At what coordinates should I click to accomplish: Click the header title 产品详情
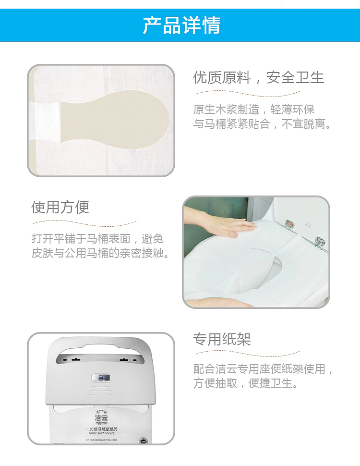181,25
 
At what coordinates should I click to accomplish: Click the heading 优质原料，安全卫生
259,77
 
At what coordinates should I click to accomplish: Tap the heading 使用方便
60,207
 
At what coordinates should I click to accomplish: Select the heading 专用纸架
222,339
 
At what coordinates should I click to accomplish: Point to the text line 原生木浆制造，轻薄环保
254,109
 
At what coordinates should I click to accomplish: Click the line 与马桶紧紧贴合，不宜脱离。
263,124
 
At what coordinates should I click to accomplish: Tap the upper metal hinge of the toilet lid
289,223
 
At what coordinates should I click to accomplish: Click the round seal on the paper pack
143,441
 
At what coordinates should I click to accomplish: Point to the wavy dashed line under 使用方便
84,222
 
